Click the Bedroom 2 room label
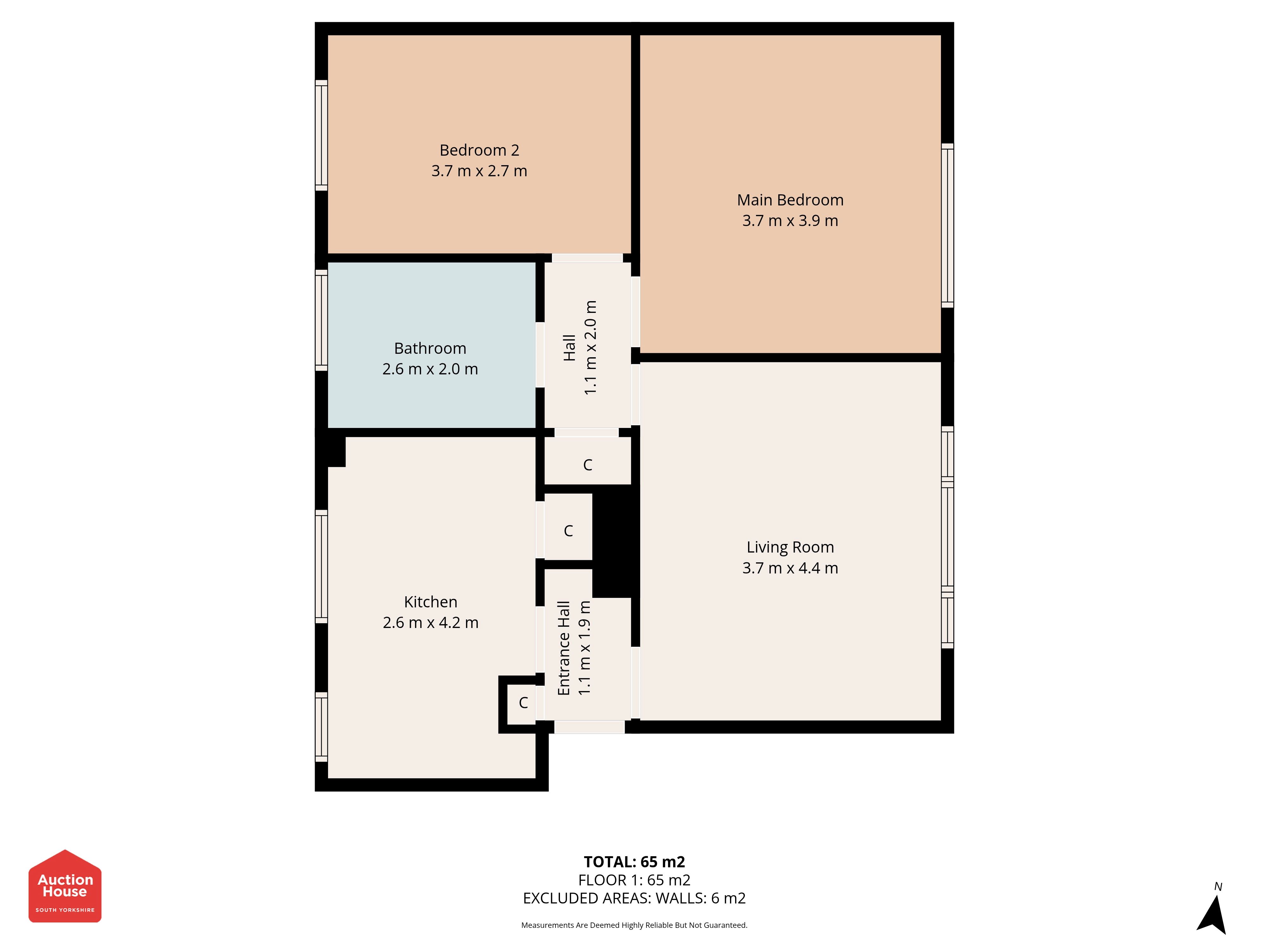(479, 150)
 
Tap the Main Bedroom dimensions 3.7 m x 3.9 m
(790, 221)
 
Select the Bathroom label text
(430, 348)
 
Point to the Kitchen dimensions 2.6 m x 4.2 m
(430, 623)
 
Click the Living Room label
(790, 547)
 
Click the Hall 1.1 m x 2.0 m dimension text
(590, 347)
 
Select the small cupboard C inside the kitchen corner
(523, 703)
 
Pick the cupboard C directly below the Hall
(588, 465)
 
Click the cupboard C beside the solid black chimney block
(568, 531)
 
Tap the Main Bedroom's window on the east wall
(947, 225)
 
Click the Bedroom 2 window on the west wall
(321, 135)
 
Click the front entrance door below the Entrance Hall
(589, 727)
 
